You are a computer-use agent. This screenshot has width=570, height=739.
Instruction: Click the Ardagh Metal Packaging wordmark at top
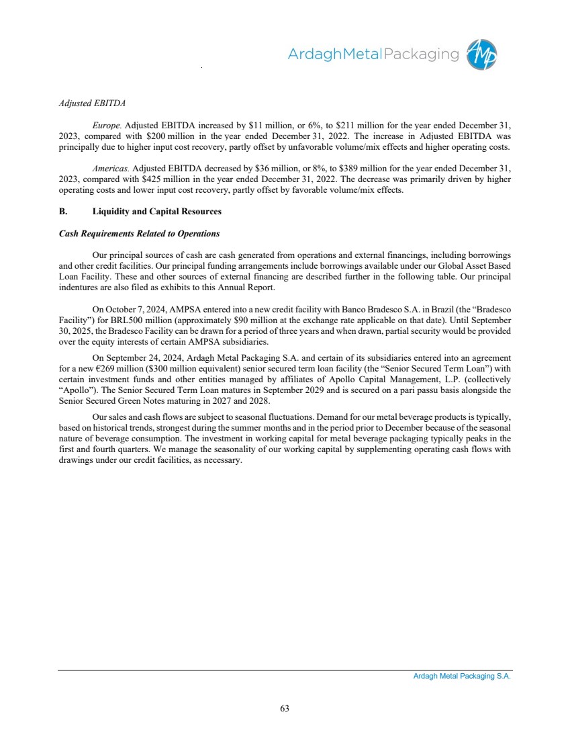point(373,55)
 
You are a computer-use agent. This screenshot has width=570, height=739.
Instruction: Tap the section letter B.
point(62,212)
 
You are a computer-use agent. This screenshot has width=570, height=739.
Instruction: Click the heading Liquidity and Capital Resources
point(156,212)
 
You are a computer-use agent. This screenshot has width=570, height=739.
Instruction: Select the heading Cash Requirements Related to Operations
point(140,234)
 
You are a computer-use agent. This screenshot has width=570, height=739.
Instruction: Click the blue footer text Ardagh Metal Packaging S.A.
point(462,677)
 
